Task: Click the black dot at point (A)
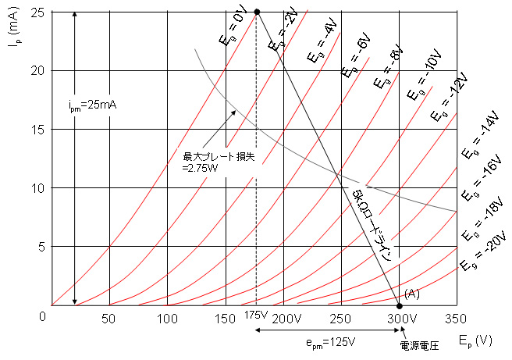click(x=400, y=305)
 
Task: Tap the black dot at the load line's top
click(x=257, y=12)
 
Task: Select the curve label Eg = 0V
click(x=232, y=28)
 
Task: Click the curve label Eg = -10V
click(x=421, y=82)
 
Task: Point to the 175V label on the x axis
click(x=255, y=315)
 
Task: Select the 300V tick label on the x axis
click(x=400, y=319)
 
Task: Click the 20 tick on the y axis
click(x=36, y=70)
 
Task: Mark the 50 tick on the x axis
click(x=109, y=319)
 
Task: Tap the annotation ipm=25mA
click(x=91, y=103)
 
